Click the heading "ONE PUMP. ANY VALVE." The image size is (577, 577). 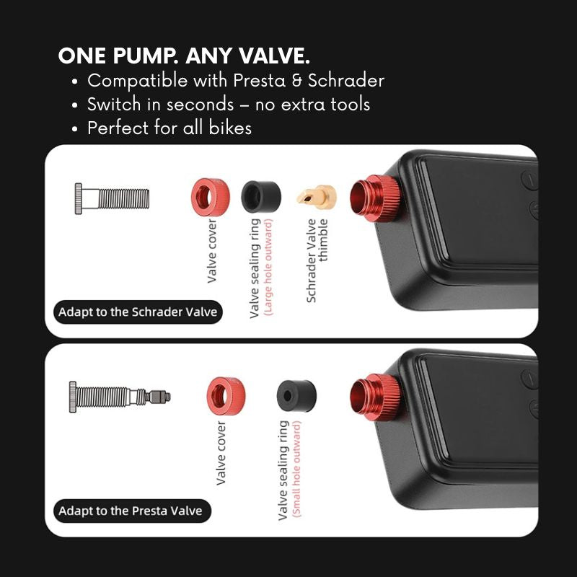(184, 56)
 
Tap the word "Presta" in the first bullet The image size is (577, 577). (260, 81)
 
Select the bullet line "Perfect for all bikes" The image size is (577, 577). (169, 128)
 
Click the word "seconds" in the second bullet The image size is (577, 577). (201, 105)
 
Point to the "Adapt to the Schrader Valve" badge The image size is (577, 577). (138, 312)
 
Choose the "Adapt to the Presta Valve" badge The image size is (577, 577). (132, 511)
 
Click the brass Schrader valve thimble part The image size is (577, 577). (317, 197)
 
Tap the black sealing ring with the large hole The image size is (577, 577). (261, 196)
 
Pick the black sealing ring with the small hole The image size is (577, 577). (296, 396)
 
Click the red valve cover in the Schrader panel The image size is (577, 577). (211, 197)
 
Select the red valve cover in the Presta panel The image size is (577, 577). (226, 396)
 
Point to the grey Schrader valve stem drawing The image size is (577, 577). (112, 199)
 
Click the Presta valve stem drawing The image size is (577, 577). (120, 397)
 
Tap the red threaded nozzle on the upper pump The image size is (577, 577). (375, 199)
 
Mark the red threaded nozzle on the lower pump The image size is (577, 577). (375, 398)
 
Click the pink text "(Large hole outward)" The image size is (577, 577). (269, 267)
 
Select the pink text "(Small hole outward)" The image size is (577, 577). (296, 470)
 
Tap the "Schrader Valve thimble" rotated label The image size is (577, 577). (317, 260)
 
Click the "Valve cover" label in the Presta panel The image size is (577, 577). (221, 453)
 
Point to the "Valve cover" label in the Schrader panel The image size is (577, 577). (212, 251)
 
